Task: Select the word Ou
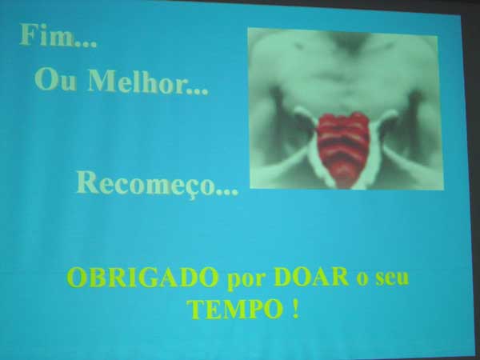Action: pos(55,79)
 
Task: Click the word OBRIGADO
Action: pos(142,278)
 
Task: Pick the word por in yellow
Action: pos(246,281)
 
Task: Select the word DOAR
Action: pos(311,277)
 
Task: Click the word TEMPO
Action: pos(234,310)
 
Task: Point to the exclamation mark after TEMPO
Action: pos(295,309)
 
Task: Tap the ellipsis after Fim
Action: pos(86,44)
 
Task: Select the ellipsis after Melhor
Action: pos(199,90)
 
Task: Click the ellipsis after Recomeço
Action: pos(227,192)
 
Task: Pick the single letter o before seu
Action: pos(362,280)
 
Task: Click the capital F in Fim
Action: pos(28,34)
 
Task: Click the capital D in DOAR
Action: pos(284,277)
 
